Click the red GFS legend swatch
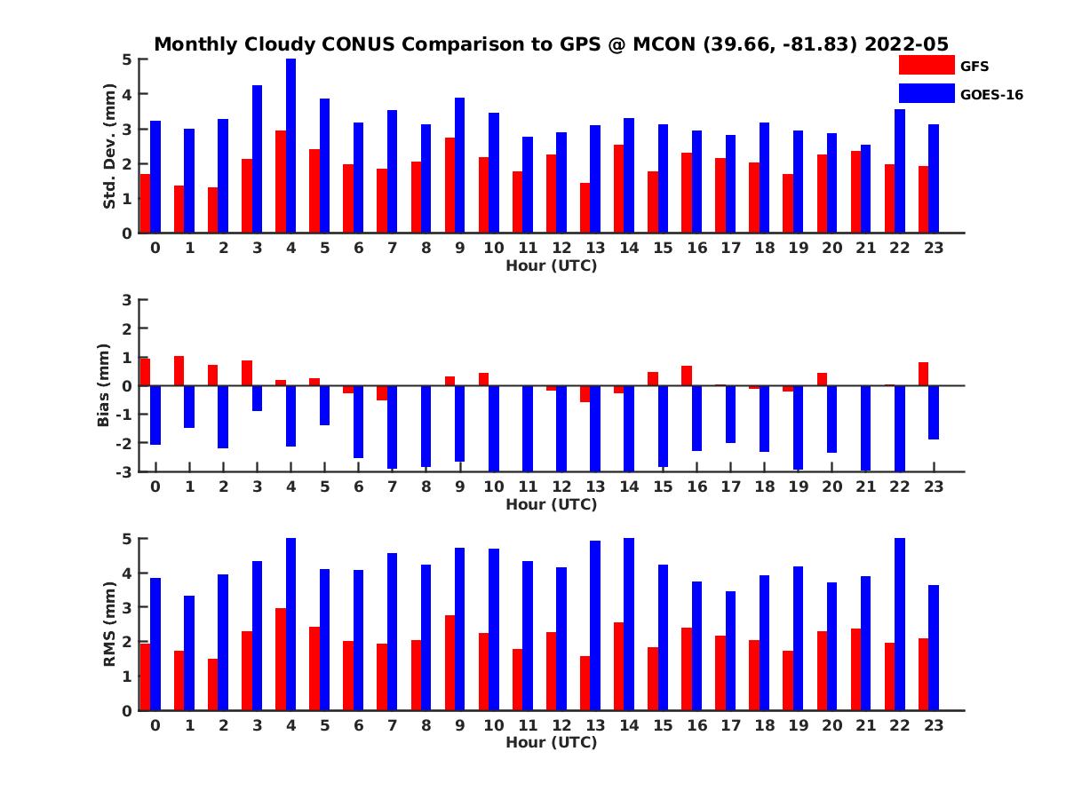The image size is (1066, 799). [926, 65]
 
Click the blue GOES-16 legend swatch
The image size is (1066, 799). [926, 93]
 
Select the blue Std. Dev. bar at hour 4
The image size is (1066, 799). [290, 146]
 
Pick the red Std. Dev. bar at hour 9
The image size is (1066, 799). [449, 185]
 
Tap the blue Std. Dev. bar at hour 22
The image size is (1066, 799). [900, 170]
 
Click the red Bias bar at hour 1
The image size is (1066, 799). [179, 371]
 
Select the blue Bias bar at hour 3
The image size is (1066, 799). [257, 399]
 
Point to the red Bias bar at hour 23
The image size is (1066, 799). [923, 374]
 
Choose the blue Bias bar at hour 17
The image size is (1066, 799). [730, 414]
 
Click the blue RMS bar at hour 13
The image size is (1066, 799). [595, 625]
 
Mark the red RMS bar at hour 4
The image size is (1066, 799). [281, 659]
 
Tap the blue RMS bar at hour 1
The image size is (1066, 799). [189, 653]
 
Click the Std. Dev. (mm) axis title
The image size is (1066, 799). [110, 146]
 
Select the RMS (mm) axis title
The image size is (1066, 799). [110, 624]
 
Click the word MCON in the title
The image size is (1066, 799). [664, 44]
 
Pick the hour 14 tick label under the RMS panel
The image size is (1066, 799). [629, 725]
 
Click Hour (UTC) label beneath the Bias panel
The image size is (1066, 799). [551, 504]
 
